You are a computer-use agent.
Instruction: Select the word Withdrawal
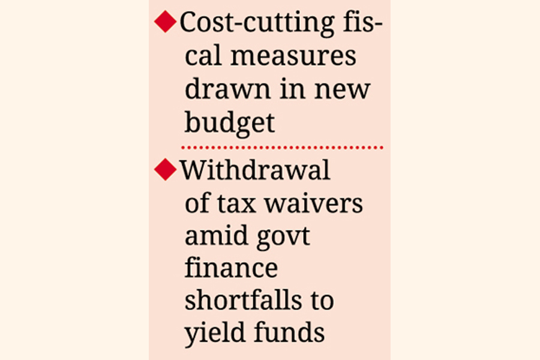pyautogui.click(x=256, y=171)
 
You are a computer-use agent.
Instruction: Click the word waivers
pyautogui.click(x=315, y=204)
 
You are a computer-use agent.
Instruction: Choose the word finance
pyautogui.click(x=231, y=268)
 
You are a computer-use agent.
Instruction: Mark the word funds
pyautogui.click(x=287, y=333)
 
